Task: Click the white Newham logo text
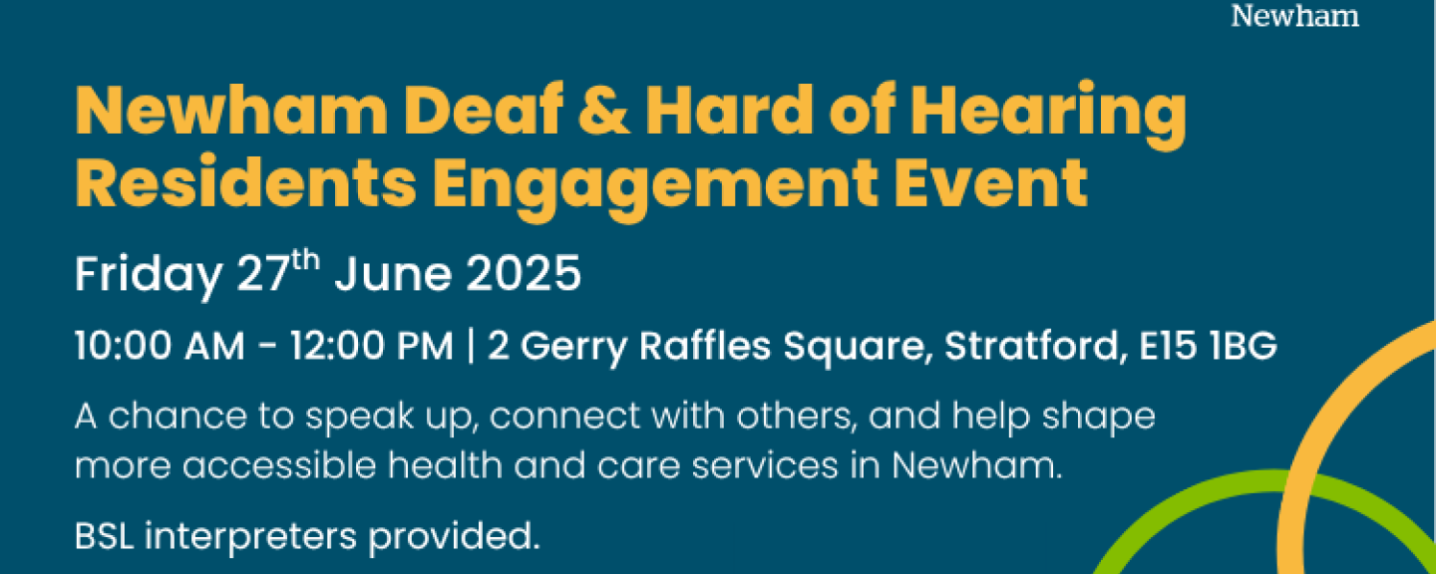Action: point(1294,16)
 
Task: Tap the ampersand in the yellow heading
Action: point(603,110)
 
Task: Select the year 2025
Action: point(523,274)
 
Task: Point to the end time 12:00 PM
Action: point(372,347)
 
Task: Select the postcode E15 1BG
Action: point(1208,347)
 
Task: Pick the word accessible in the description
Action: point(279,464)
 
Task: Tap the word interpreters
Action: point(250,537)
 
